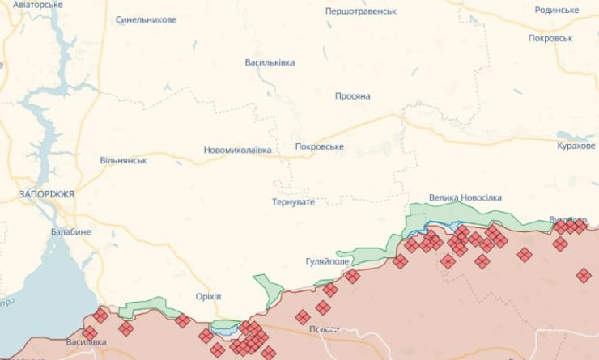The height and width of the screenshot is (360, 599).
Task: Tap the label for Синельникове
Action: (146, 19)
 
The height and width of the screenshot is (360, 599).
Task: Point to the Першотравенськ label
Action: (360, 11)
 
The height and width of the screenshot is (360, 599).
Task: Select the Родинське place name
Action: (557, 10)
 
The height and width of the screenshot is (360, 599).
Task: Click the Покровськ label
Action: (550, 38)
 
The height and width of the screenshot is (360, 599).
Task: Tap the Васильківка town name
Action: (270, 62)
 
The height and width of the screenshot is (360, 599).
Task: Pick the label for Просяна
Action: (352, 96)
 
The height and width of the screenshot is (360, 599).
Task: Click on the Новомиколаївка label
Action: (237, 150)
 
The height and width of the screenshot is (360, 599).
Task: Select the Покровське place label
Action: (319, 146)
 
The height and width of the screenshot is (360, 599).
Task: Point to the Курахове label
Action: (576, 145)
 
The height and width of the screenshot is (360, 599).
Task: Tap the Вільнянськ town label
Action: (123, 160)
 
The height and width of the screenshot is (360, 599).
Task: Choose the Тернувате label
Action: (293, 201)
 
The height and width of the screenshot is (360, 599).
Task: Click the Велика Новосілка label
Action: (465, 197)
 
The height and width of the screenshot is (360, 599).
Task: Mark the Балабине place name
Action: (70, 231)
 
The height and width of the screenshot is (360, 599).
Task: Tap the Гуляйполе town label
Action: (326, 262)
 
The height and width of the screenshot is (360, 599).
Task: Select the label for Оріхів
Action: (208, 295)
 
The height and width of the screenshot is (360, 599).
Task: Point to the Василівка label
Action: (87, 342)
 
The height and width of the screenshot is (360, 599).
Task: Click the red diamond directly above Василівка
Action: (89, 332)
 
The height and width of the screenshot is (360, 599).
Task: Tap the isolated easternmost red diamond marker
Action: (584, 276)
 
